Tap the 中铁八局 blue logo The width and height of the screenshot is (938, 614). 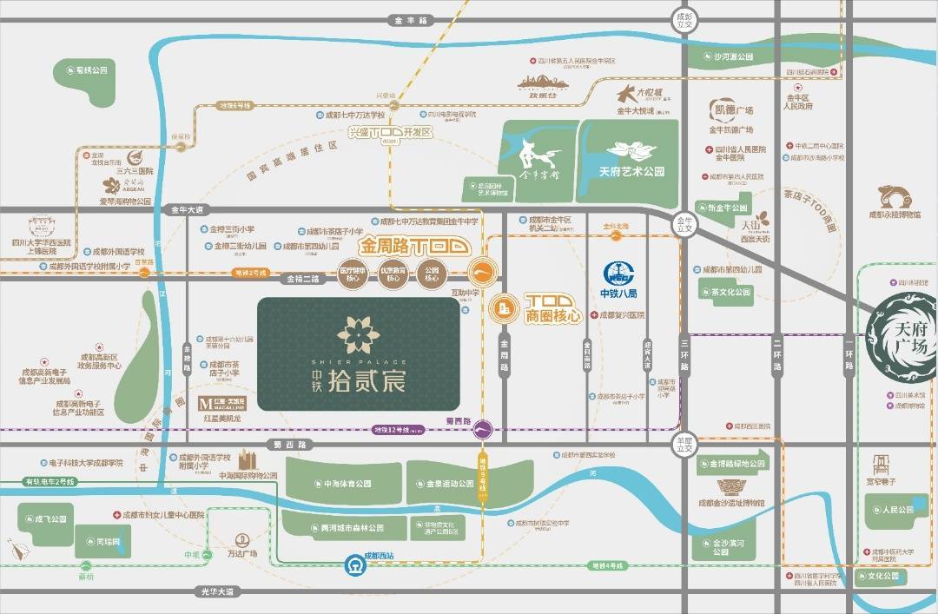(x=619, y=274)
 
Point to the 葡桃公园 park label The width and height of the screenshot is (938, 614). (x=89, y=70)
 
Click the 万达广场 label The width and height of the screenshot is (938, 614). (x=242, y=553)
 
